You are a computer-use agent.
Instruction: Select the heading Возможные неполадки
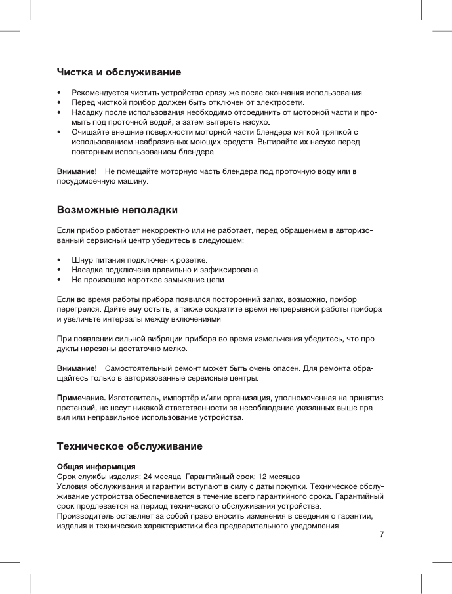tap(117, 211)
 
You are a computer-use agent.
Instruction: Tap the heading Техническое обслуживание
tap(129, 446)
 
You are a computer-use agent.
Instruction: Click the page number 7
tap(381, 534)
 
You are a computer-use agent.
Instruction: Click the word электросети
tap(285, 102)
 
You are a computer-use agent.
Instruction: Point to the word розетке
tap(192, 260)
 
